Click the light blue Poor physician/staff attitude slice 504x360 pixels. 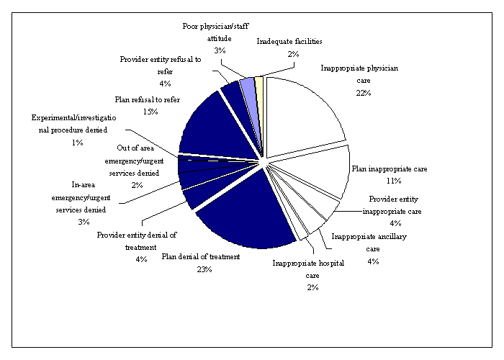pos(248,86)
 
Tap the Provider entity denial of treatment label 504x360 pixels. pos(136,240)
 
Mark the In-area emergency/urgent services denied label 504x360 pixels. pos(78,197)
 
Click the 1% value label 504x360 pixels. pos(77,143)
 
